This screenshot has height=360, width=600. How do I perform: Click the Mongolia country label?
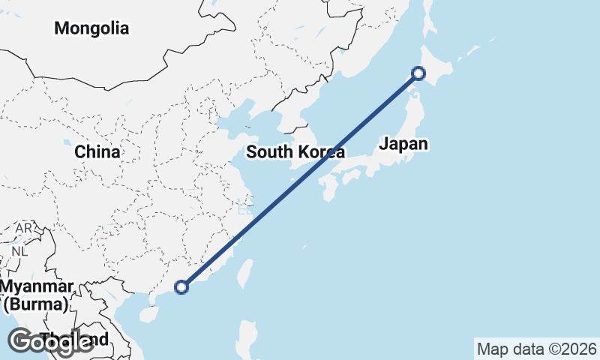click(x=91, y=28)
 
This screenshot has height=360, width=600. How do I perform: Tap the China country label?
click(x=97, y=151)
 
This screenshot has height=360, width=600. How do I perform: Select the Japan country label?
click(x=403, y=144)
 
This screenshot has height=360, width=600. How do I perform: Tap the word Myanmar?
click(x=37, y=286)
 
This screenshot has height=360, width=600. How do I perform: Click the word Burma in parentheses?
click(x=37, y=304)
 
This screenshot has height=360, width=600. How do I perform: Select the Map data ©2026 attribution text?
click(x=537, y=349)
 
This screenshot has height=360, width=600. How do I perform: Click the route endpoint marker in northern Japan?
click(x=418, y=73)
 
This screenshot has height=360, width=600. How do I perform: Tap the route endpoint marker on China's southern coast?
click(x=181, y=286)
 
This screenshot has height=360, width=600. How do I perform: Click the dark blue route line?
click(x=300, y=180)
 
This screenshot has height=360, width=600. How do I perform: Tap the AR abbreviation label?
click(x=25, y=227)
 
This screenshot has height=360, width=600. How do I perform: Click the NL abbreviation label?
click(x=19, y=251)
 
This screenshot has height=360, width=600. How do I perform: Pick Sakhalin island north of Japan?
click(x=430, y=19)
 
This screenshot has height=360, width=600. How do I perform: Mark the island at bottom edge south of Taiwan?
click(x=246, y=337)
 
